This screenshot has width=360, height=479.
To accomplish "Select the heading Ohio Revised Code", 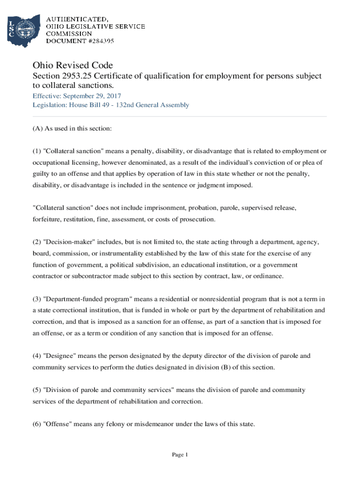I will [72, 65].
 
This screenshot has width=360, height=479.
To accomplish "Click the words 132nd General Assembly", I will [158, 105].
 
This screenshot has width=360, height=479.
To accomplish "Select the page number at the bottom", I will [180, 455].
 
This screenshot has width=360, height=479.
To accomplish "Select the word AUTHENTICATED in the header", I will [77, 19].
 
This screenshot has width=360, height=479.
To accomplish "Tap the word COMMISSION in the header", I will [69, 34].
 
